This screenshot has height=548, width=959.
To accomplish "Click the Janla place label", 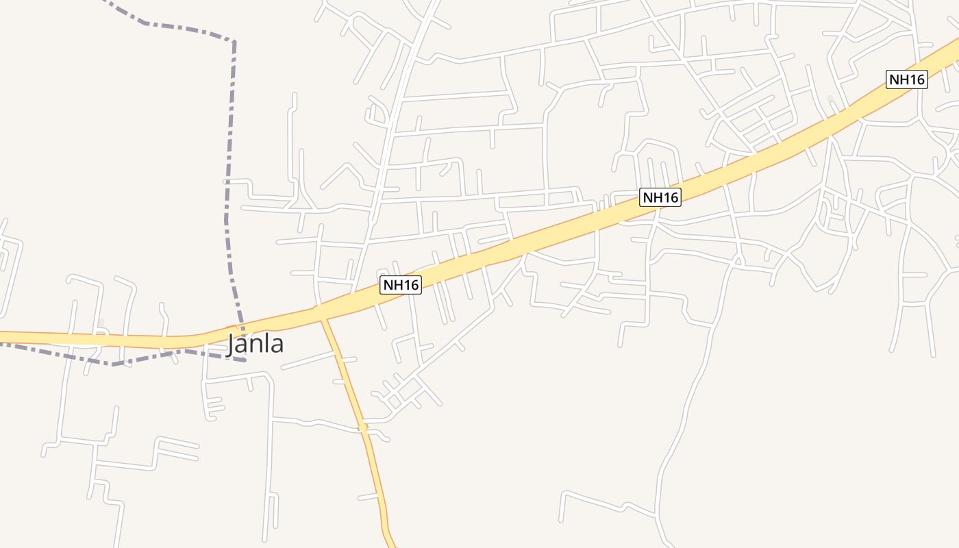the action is tap(255, 344).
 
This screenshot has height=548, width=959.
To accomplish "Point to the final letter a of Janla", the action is tap(277, 345).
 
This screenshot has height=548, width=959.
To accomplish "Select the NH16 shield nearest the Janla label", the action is tap(401, 285).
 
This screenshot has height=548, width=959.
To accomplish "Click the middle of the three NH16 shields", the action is tap(660, 198).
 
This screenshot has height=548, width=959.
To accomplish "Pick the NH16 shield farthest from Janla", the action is tap(906, 79).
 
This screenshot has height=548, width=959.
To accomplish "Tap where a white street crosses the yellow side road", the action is tap(363, 428).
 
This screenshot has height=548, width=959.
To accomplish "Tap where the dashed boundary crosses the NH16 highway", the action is tap(240, 327).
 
